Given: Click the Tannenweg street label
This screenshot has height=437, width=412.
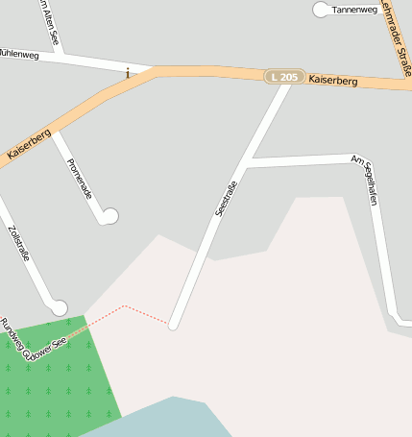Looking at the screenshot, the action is pos(354,10).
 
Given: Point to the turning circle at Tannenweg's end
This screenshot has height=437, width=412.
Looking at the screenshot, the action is pos(321,10).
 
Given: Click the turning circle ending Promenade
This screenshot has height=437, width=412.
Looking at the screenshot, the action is pos(109,216).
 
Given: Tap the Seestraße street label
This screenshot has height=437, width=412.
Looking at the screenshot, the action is pos(226,192).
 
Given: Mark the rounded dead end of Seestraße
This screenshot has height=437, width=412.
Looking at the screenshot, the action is pos(174,326).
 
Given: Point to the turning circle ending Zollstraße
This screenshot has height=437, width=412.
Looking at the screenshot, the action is pos(60,307).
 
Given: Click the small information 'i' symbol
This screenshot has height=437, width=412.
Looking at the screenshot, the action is pos(128,73).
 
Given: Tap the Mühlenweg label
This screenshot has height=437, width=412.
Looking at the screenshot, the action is pos(18,55).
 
